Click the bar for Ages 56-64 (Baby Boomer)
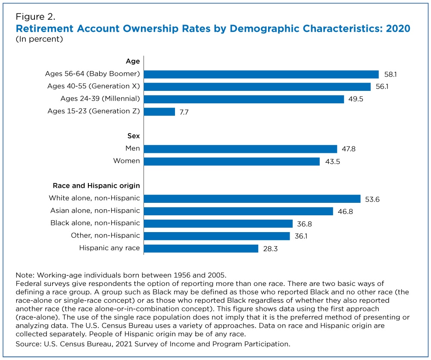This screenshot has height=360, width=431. (x=261, y=74)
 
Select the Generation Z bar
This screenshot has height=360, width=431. (x=159, y=112)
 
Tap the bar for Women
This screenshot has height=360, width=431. (x=232, y=161)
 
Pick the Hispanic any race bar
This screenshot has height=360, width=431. (x=201, y=248)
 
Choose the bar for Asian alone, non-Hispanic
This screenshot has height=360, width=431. (x=238, y=211)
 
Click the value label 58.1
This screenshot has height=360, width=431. (x=390, y=74)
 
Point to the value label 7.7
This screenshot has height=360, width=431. (x=184, y=112)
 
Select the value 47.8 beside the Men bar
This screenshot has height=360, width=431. (x=349, y=149)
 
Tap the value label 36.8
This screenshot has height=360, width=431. (x=304, y=224)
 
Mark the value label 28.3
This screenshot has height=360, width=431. (x=270, y=249)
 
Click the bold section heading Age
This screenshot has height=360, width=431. (x=133, y=62)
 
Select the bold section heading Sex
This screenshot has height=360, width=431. (x=134, y=136)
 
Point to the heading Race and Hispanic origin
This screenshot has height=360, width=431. (x=96, y=186)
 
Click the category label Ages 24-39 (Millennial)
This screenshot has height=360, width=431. (x=100, y=99)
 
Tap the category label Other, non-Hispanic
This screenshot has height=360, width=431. (x=105, y=236)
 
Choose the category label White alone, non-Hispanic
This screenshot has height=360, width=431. (x=94, y=198)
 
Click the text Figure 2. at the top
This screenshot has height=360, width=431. (x=35, y=17)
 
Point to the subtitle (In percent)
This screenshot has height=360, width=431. (x=39, y=39)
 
